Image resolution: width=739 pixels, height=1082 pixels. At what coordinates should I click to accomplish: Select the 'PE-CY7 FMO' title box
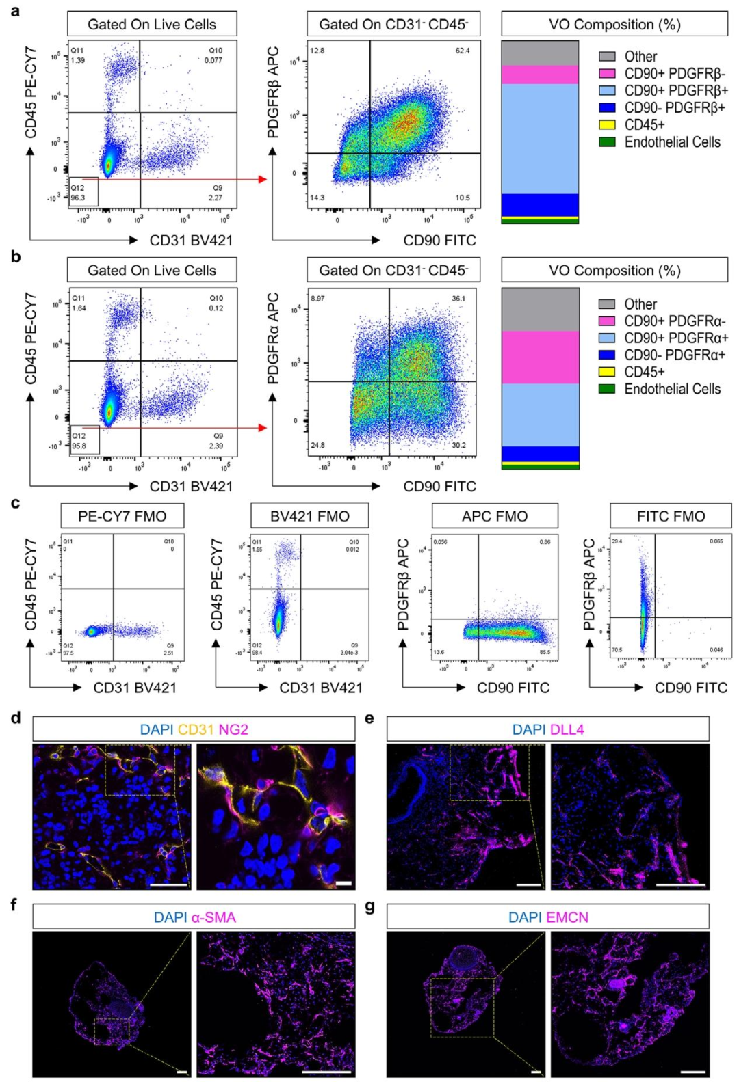122,516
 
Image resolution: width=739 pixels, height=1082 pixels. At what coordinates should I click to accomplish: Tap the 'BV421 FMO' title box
309,516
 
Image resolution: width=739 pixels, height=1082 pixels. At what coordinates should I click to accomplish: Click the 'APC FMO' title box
495,516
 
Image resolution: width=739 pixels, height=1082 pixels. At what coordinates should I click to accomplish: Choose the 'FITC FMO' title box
671,516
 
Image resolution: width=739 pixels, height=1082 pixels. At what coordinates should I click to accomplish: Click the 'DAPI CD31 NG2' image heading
194,729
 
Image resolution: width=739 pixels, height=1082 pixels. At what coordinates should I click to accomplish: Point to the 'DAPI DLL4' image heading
548,729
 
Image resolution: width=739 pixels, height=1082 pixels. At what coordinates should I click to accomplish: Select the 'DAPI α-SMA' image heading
194,917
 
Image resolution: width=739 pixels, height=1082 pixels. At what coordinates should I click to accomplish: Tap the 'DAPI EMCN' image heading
548,917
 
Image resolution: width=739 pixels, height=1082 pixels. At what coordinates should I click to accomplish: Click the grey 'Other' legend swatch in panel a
607,57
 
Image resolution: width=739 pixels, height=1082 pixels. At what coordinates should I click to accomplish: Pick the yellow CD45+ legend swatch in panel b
607,372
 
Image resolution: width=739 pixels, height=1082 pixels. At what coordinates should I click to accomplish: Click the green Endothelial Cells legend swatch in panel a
607,142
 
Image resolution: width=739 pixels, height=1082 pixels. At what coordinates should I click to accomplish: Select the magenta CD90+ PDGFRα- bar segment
541,357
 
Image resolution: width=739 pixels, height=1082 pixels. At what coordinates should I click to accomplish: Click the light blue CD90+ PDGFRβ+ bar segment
541,139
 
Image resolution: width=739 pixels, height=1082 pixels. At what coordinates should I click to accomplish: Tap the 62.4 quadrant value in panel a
463,51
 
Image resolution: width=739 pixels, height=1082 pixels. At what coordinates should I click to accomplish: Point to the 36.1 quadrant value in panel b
458,299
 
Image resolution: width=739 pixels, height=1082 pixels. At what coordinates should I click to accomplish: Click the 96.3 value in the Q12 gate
78,198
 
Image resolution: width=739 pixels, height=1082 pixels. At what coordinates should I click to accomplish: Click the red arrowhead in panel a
262,179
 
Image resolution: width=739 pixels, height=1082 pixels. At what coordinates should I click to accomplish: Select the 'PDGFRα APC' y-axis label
273,338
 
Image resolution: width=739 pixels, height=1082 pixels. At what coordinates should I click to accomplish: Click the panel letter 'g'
370,906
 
